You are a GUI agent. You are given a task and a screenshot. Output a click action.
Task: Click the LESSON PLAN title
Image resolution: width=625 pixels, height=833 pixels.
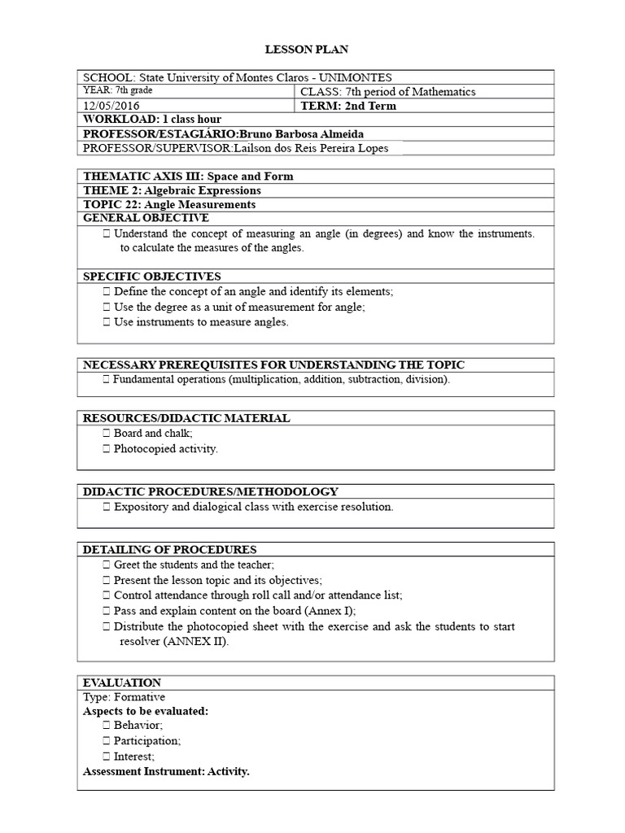click(312, 50)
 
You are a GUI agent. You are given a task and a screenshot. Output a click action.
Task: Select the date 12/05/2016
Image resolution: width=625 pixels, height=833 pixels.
click(111, 106)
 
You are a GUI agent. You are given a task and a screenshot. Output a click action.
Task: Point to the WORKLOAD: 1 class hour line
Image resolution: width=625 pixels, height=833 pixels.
click(152, 120)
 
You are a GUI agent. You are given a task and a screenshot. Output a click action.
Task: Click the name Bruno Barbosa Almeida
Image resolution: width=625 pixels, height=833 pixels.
click(299, 133)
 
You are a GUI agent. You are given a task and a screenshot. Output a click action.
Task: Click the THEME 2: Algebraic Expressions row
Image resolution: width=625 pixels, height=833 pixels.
click(173, 190)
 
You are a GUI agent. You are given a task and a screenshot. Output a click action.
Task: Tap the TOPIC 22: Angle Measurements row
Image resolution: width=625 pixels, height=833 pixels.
click(169, 204)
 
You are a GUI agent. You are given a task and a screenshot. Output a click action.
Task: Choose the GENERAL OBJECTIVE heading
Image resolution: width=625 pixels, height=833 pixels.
click(146, 218)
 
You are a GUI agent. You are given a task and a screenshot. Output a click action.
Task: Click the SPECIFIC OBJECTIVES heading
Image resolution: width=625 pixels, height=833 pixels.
click(152, 277)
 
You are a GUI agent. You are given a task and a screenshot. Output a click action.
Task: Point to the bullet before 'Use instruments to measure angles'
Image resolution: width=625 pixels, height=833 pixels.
click(107, 322)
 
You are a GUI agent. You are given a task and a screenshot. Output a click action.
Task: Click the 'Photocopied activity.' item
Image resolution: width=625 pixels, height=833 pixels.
click(166, 448)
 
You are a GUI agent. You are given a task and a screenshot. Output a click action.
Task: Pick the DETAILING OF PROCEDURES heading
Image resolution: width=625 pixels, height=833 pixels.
click(170, 550)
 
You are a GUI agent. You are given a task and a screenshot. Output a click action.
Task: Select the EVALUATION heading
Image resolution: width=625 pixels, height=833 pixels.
click(122, 683)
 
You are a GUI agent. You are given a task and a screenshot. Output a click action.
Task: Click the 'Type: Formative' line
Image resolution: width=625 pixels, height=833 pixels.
click(125, 697)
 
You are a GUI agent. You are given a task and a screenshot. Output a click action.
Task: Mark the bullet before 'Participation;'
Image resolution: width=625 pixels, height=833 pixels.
click(107, 741)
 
